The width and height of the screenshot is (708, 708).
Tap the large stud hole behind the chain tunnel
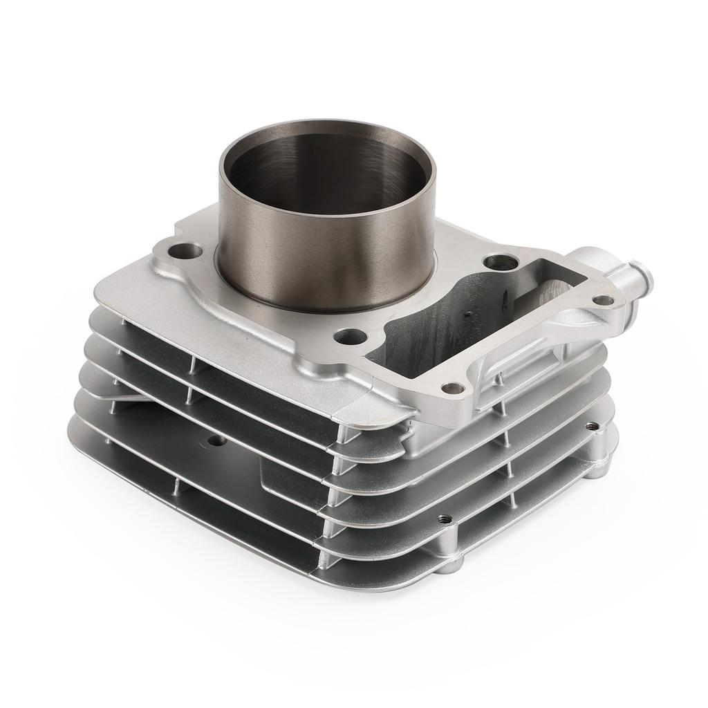pos(500,263)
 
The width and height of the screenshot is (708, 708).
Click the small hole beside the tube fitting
pos(603,300)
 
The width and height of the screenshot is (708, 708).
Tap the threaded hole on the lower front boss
pos(445,518)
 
